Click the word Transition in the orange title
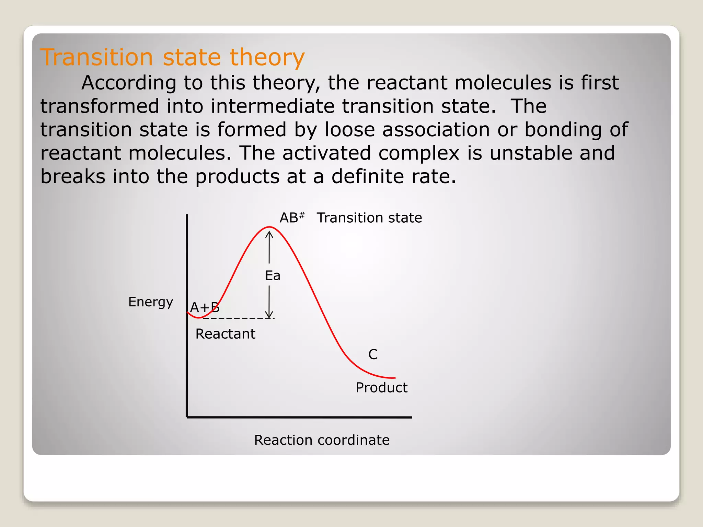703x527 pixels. click(96, 57)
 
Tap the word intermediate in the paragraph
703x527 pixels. click(273, 106)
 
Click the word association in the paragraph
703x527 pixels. click(436, 130)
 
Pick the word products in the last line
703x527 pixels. click(238, 177)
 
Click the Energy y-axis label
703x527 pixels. click(150, 302)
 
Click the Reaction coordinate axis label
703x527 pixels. click(322, 440)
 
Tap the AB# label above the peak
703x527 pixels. click(291, 218)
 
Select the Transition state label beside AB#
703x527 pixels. click(369, 218)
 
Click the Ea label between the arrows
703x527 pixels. click(273, 276)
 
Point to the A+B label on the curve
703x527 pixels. click(205, 307)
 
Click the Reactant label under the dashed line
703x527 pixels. click(225, 334)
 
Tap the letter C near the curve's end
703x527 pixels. click(373, 354)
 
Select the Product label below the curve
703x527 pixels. click(381, 388)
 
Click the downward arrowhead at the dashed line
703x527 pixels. click(269, 315)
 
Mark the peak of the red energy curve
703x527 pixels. click(269, 227)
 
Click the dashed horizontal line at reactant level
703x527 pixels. click(240, 318)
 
